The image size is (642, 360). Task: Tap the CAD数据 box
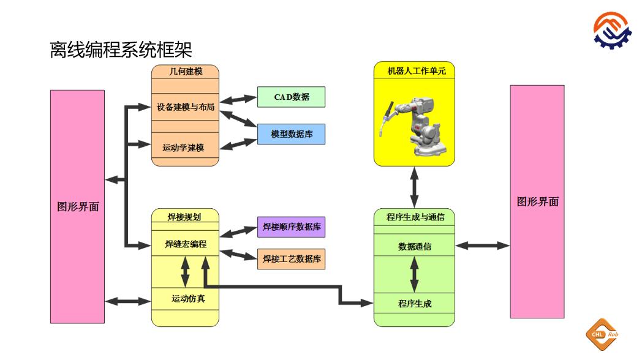tap(291, 97)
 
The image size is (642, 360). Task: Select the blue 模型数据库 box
tap(291, 134)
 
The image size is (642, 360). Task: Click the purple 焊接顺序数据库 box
tap(291, 227)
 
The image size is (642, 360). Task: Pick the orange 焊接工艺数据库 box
tap(291, 259)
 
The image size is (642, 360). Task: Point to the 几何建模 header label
tap(185, 72)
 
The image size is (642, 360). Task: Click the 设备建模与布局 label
tap(185, 107)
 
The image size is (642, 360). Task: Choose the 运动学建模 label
tap(183, 148)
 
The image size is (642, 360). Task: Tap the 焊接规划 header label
tap(184, 217)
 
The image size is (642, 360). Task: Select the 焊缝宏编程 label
tap(185, 244)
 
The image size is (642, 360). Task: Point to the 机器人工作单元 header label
tap(415, 71)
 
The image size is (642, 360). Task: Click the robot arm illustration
tap(414, 123)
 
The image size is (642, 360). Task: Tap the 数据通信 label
tap(415, 247)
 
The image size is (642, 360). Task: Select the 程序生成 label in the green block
tap(415, 303)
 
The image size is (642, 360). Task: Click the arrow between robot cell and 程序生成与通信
tap(415, 187)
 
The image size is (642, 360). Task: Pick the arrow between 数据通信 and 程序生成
tap(415, 274)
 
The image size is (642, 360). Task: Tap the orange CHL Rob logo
tap(603, 334)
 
